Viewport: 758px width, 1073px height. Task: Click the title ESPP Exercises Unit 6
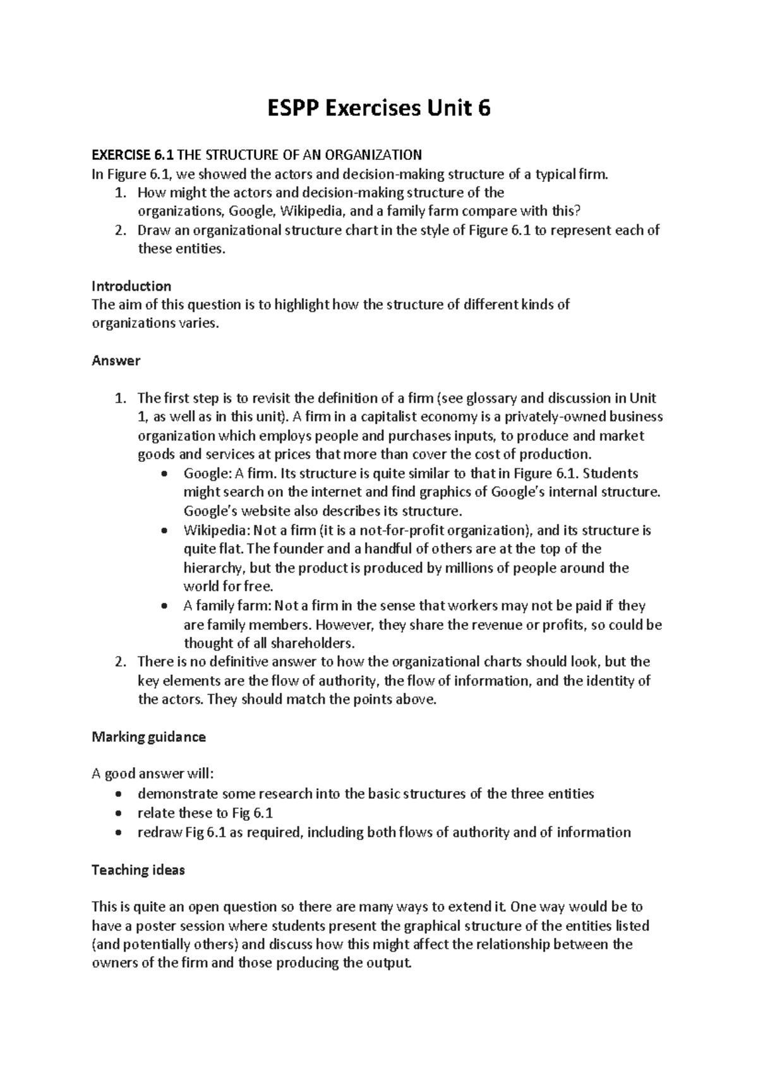[378, 109]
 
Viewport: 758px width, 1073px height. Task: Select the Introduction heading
[131, 286]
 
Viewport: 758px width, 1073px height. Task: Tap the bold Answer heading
[116, 361]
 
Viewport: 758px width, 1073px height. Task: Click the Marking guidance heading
[148, 737]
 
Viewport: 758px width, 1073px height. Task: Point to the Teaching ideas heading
[138, 870]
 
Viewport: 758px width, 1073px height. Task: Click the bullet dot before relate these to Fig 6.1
[120, 814]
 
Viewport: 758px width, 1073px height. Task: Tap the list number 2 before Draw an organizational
[119, 231]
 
